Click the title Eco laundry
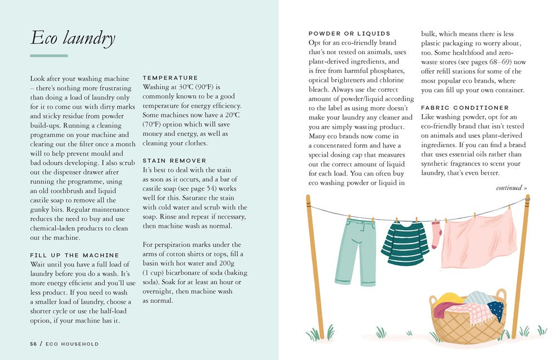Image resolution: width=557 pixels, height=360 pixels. coord(72,38)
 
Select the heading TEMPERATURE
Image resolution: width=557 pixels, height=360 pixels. coord(170,78)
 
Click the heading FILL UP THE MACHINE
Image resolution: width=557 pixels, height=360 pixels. coord(75,255)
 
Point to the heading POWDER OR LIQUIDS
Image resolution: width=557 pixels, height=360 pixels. coord(349,33)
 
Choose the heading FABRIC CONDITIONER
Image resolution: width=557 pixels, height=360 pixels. coord(465,108)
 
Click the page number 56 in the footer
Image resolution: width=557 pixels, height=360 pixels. coord(33,344)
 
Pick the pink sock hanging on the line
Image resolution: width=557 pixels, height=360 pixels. coord(436,235)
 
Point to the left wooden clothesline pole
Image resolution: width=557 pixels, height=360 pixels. coord(315,267)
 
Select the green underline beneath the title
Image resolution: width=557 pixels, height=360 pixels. coord(49,56)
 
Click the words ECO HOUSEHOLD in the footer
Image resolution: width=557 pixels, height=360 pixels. coord(72,344)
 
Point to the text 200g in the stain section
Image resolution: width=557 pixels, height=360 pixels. coord(237,263)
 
